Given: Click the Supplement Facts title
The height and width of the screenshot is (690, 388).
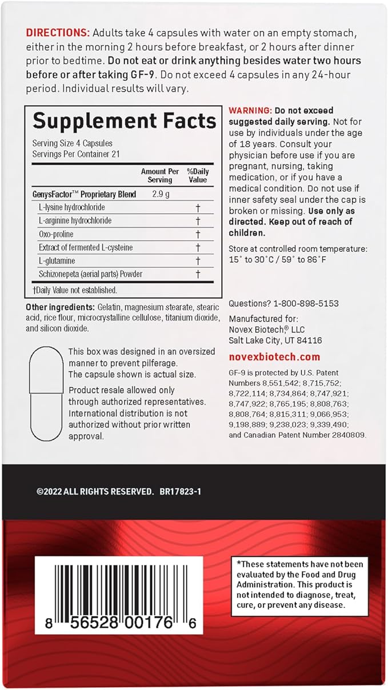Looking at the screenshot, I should [124, 121].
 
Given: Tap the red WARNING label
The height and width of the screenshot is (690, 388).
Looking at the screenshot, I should [250, 110].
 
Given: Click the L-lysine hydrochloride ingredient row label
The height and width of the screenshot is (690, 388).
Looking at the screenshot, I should [71, 207].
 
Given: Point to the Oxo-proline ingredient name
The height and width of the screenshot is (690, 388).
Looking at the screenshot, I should [56, 234].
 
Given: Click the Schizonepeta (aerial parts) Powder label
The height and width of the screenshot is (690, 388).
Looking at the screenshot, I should [90, 274].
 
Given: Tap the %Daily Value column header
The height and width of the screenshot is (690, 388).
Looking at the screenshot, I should [198, 175].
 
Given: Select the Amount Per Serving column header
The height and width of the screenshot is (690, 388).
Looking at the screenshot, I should [160, 175].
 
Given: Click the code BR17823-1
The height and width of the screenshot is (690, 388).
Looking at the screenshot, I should [181, 491].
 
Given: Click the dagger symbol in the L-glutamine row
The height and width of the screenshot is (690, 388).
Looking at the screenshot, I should [198, 260].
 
